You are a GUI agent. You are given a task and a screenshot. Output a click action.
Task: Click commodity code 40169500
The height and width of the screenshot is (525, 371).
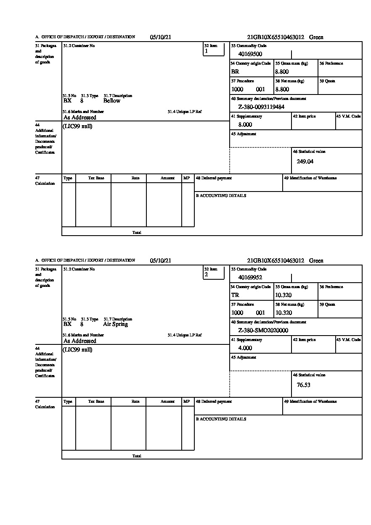pos(250,54)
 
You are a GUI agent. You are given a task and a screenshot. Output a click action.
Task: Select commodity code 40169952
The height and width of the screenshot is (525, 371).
pos(250,278)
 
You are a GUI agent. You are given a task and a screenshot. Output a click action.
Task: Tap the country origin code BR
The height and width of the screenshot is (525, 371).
pos(235,72)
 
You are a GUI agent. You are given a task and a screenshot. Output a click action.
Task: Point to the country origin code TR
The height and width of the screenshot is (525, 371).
pos(235,295)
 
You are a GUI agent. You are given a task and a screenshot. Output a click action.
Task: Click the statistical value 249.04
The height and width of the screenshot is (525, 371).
pos(305,161)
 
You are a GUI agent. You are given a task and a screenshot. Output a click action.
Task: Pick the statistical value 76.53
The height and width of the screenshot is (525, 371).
pos(303,385)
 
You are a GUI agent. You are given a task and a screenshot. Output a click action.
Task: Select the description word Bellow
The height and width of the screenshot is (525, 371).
pos(111,101)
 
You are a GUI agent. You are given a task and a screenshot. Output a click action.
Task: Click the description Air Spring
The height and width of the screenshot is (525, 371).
pos(115,324)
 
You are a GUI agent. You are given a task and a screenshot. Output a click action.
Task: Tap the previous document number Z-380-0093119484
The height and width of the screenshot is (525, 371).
pos(261,107)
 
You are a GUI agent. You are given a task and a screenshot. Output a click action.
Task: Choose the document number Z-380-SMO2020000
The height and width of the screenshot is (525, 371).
pos(263,331)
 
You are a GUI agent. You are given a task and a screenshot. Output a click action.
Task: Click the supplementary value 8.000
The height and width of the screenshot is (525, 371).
pos(245,125)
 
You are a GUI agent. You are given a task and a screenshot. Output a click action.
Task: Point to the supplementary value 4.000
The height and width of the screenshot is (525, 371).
pos(245,348)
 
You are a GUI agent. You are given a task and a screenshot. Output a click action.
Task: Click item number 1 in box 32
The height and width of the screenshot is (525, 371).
pos(206,51)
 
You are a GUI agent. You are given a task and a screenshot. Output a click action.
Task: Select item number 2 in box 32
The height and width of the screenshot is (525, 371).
pos(206,275)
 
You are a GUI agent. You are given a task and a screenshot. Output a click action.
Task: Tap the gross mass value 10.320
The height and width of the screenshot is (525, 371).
pos(283,295)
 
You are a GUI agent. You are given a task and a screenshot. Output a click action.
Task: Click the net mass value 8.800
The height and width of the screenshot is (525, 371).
pos(282,89)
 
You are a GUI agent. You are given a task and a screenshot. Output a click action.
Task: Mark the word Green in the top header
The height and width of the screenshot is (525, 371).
pos(316,37)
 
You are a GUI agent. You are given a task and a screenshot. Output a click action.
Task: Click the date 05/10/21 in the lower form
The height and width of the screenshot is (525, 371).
pos(161,261)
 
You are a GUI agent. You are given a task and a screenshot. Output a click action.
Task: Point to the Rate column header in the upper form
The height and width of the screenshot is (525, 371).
pos(135,178)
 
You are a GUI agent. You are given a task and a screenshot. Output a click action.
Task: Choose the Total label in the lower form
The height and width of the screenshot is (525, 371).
pos(137,456)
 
